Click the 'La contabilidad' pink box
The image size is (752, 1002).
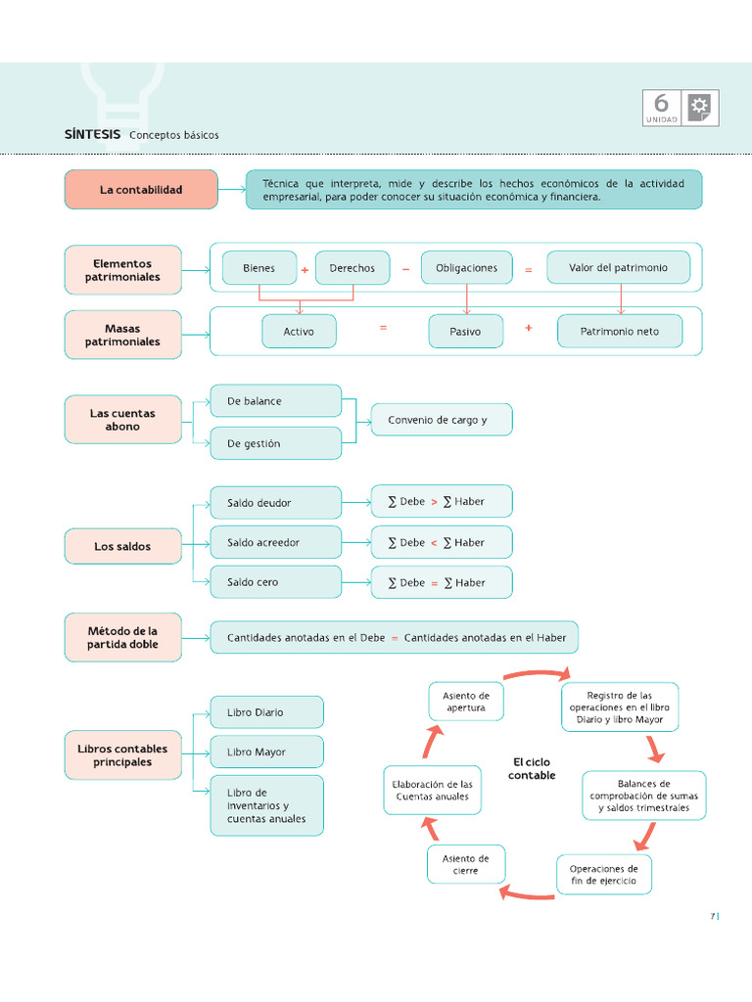click(141, 189)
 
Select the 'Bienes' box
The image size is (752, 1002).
click(259, 268)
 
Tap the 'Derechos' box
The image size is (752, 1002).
click(352, 268)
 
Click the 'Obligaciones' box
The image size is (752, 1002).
click(466, 268)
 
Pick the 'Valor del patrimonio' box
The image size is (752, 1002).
click(618, 267)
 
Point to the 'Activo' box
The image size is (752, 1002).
click(299, 332)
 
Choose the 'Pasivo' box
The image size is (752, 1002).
click(465, 332)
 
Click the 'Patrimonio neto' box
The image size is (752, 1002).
click(619, 332)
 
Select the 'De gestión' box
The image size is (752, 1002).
click(276, 443)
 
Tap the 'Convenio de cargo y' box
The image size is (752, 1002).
click(441, 420)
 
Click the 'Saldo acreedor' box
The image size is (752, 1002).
click(276, 542)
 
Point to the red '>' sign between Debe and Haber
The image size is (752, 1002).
click(434, 502)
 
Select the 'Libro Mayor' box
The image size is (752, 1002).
click(266, 752)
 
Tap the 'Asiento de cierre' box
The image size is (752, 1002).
click(466, 864)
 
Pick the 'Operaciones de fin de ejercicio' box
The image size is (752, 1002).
click(603, 874)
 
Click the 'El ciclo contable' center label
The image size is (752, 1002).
click(532, 768)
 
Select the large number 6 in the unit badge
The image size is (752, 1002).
click(662, 104)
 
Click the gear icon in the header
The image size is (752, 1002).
click(700, 107)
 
